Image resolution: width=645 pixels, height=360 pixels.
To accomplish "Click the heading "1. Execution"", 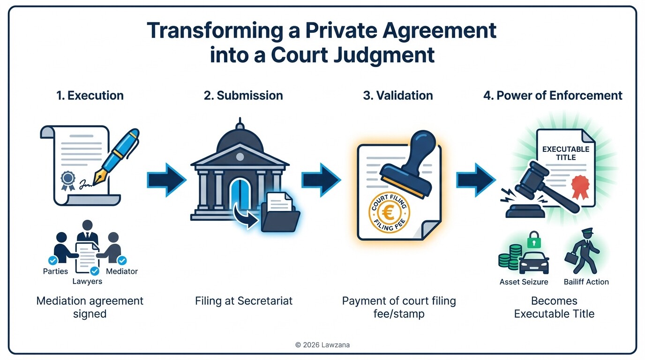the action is click(90, 96).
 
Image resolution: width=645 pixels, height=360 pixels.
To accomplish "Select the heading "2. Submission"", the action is click(243, 96).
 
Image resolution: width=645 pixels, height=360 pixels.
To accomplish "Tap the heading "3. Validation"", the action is click(398, 96).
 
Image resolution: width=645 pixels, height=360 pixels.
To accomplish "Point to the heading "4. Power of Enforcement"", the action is click(553, 96).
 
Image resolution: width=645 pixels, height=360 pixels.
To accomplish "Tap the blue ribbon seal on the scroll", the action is click(68, 180).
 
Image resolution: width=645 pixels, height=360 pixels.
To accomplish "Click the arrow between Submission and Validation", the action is click(321, 179).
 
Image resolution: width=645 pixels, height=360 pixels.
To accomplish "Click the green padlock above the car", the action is click(533, 241).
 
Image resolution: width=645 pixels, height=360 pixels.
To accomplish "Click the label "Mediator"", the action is click(122, 271).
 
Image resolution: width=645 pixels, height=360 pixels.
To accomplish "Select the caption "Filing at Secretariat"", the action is click(244, 300).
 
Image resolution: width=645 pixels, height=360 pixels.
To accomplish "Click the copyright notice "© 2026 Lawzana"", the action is click(322, 345).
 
